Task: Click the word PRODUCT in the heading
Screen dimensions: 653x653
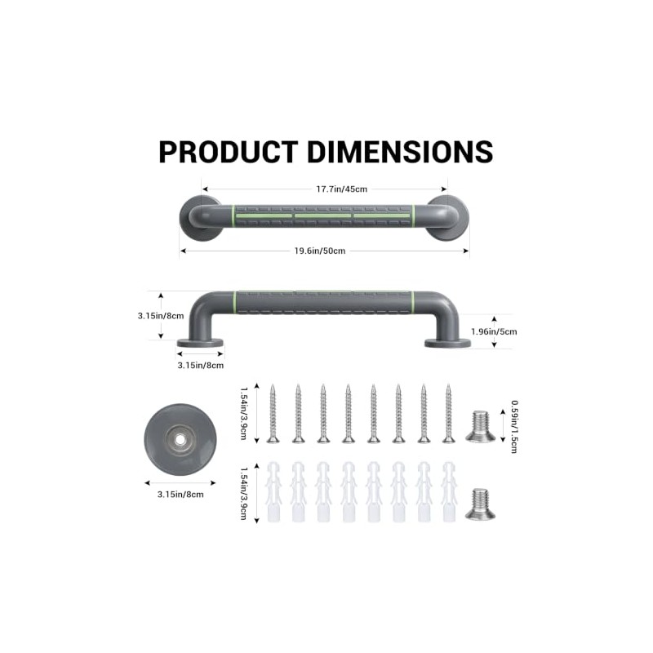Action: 229,152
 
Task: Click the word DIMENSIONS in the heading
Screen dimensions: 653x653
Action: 400,152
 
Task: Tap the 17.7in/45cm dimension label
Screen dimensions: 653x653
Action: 341,189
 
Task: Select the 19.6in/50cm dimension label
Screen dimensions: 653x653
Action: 320,251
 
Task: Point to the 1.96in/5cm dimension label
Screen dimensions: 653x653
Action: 494,331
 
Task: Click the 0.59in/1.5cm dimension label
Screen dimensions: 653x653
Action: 514,426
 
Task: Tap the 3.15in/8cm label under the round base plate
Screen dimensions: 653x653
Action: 180,495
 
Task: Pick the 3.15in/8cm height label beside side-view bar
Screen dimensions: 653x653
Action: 161,316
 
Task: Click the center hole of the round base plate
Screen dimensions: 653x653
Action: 180,439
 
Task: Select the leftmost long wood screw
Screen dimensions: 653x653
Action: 273,414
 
